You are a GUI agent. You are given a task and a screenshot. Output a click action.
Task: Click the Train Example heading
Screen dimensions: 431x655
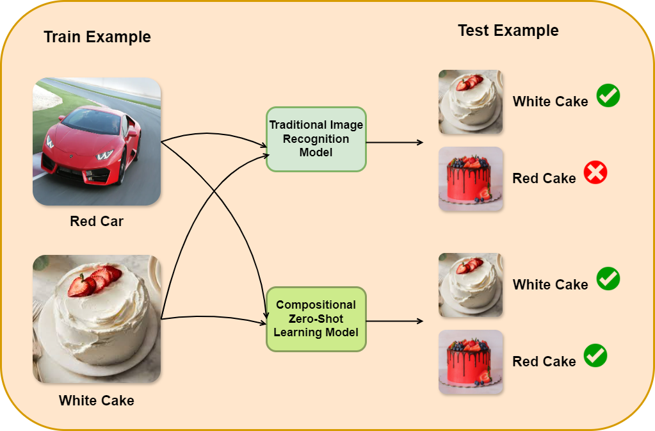coord(97,37)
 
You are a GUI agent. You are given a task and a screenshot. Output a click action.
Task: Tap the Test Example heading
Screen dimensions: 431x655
coord(508,30)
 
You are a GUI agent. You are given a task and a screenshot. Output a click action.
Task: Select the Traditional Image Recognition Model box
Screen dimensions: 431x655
coord(316,139)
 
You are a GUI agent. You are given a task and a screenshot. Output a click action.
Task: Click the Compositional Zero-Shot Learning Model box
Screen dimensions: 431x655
coord(316,319)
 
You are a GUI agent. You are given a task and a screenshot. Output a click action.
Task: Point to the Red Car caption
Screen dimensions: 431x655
coord(97,222)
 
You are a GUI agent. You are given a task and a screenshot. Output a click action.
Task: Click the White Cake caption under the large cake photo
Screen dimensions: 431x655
coord(97,401)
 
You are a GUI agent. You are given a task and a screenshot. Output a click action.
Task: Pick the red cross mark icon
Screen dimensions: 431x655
coord(595,173)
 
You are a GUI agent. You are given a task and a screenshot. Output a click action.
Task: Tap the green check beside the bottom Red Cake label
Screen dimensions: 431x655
coord(595,355)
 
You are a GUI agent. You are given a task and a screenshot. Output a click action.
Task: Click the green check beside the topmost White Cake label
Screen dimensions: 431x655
coord(608,96)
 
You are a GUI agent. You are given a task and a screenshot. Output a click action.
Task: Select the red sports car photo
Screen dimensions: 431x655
coord(97,142)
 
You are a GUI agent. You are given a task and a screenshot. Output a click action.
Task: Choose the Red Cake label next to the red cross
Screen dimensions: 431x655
coord(544,179)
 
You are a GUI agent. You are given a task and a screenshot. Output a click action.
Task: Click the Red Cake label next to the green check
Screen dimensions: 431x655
coord(544,361)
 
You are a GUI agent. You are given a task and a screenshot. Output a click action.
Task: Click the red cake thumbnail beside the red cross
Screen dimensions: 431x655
coord(471,179)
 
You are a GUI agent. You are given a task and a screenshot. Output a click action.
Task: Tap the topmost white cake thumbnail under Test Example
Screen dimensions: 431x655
coord(471,102)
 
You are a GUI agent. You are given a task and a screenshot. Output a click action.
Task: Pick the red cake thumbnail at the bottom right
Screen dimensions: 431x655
coord(471,362)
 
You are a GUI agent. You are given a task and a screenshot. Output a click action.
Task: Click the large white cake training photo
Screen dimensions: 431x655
coord(97,319)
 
